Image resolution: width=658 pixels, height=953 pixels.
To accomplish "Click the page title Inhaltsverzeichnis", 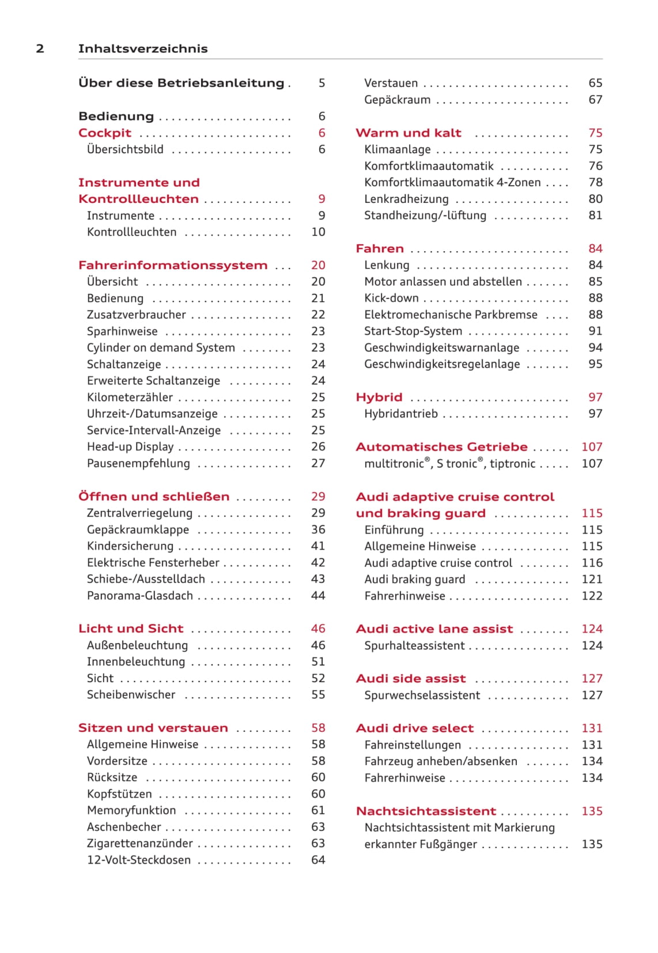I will (x=143, y=49).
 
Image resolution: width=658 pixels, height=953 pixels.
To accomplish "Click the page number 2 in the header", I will (x=40, y=49).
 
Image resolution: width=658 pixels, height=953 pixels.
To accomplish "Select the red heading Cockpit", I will (x=105, y=133).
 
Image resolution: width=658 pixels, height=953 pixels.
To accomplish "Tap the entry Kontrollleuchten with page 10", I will (x=131, y=232).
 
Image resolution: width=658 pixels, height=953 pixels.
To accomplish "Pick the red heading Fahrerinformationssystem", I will (x=173, y=266).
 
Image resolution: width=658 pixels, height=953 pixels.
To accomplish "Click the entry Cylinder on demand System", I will (x=161, y=348).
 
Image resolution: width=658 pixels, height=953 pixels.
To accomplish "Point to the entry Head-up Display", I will (x=130, y=447).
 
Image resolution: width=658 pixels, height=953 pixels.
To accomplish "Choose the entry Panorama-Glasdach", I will (x=140, y=596).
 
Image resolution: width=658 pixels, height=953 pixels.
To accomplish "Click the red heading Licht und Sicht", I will (x=131, y=629).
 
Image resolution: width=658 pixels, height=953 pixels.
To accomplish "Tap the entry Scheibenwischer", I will (x=131, y=695).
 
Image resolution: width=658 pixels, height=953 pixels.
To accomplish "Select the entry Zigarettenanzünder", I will (x=140, y=844).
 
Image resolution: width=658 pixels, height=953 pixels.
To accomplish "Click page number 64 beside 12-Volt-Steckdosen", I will (x=318, y=860).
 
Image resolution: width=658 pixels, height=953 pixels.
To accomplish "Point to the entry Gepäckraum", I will (x=397, y=100).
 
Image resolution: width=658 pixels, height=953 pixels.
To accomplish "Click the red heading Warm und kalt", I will (x=409, y=133).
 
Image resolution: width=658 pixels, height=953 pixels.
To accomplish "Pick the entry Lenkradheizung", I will (x=406, y=199).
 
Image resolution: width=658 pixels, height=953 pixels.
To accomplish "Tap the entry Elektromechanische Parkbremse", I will (x=451, y=315).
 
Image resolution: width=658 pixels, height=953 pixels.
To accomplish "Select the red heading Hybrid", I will (x=379, y=398).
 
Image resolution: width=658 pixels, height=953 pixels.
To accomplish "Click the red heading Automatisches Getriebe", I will (x=441, y=447).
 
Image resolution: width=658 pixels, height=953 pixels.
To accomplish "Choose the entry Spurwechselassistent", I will (x=422, y=695).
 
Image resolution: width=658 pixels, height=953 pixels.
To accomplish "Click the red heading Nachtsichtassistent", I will (x=426, y=811).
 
